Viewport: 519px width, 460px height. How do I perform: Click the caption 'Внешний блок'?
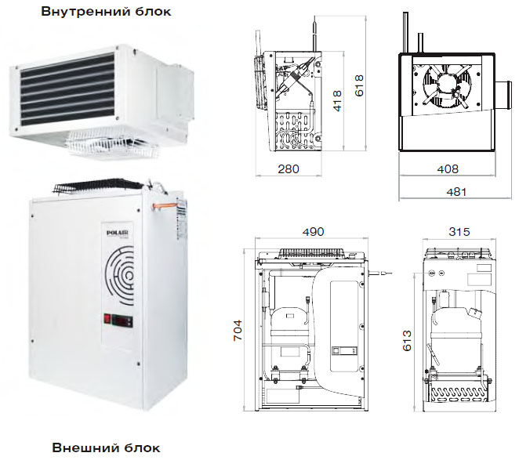coord(106,447)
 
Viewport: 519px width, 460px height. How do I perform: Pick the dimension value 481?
coord(457,191)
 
